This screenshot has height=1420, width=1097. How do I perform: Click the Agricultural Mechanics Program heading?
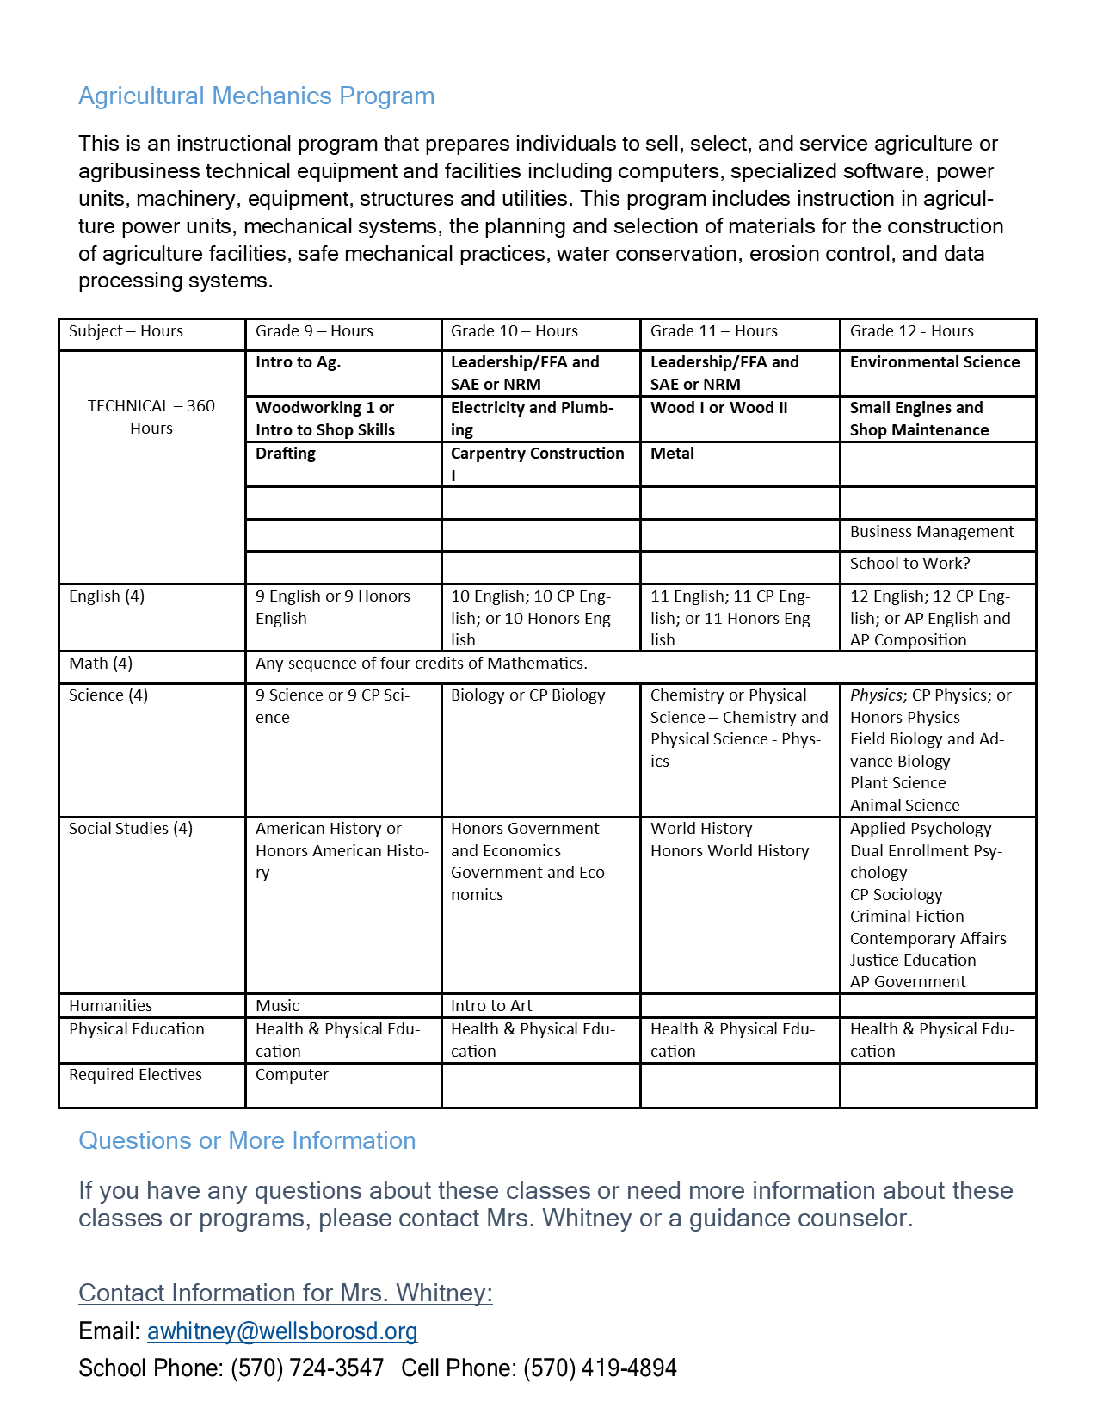coord(256,96)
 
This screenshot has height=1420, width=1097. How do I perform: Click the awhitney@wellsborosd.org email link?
coord(282,1330)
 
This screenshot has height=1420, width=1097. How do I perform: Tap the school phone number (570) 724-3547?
coord(307,1368)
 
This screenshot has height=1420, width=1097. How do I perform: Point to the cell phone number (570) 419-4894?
coord(600,1368)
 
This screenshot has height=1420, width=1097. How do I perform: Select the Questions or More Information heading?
coord(247,1140)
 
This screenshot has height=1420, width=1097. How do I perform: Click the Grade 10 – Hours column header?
coord(515,331)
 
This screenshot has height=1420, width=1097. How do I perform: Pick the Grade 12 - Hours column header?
coord(912,331)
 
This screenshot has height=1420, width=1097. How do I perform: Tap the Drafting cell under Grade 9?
coord(286,454)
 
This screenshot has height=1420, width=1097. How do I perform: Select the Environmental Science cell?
coord(935,362)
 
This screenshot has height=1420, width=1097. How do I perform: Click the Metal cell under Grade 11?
coord(672,454)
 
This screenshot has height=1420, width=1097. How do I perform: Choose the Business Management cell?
coord(932,532)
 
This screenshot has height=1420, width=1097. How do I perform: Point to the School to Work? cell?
coord(909,564)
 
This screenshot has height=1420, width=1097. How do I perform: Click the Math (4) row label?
coord(101,664)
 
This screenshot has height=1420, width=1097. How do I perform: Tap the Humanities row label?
coord(110,1005)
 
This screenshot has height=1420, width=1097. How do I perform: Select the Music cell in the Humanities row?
coord(277,1005)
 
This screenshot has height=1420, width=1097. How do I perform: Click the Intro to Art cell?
coord(491,1005)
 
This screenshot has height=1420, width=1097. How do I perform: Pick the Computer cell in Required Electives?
coord(292,1075)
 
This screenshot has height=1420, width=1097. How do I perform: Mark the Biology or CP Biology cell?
coord(528,695)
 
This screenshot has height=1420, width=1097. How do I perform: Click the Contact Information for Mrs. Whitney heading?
coord(286,1293)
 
